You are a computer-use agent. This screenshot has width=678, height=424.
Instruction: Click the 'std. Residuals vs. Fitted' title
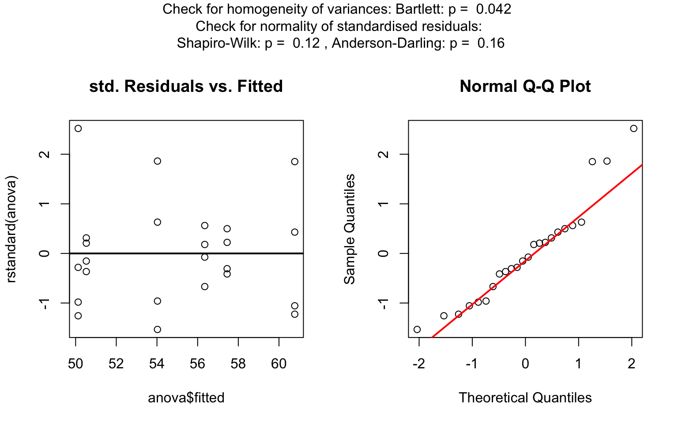click(186, 86)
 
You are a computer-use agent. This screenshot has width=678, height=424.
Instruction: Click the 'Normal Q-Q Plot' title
click(525, 86)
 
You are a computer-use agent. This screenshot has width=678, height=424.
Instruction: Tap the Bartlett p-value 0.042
click(493, 9)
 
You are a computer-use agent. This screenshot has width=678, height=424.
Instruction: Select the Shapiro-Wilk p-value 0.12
click(306, 43)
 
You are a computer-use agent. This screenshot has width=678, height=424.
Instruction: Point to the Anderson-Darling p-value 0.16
click(491, 43)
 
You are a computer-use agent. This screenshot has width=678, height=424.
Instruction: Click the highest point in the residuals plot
click(78, 129)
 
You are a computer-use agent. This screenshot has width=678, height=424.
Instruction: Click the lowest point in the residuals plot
click(157, 329)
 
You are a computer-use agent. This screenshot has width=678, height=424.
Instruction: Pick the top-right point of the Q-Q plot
click(634, 129)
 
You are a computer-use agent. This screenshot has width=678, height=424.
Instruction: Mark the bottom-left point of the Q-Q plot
click(417, 329)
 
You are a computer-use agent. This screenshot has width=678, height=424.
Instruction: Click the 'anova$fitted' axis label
click(186, 398)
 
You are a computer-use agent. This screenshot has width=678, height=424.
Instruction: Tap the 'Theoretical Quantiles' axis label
click(525, 398)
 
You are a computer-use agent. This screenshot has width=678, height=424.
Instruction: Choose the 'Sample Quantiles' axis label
click(350, 229)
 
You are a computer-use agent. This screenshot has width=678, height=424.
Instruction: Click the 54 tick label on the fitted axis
click(157, 363)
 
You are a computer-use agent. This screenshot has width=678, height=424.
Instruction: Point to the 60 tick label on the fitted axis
click(279, 363)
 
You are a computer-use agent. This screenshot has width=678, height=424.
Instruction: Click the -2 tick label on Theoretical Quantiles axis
click(418, 363)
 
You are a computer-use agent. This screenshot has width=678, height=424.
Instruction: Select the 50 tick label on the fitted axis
click(75, 363)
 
